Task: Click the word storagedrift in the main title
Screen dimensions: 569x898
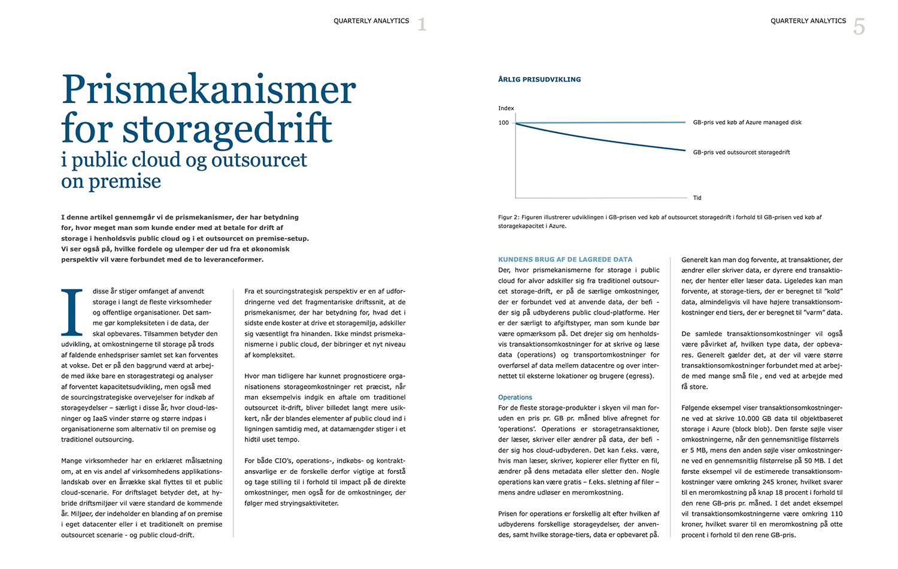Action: (227, 129)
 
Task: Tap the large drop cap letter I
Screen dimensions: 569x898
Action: (72, 313)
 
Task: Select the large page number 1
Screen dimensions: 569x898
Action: (422, 25)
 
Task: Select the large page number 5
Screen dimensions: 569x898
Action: (859, 27)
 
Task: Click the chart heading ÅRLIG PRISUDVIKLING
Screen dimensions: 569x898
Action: (539, 80)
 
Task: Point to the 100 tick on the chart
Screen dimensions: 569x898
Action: (503, 123)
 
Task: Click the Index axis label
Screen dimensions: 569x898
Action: (506, 108)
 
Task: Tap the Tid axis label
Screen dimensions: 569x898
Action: (697, 198)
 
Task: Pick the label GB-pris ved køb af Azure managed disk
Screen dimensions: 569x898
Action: (747, 122)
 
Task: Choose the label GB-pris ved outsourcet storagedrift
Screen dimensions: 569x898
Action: (741, 152)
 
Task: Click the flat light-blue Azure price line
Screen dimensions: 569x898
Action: (599, 122)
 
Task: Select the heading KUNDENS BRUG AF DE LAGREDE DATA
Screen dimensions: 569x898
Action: (565, 259)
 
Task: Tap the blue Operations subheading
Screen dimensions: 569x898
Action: (515, 397)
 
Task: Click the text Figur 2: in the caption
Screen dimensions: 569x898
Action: (509, 217)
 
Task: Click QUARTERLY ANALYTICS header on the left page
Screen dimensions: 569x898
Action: (371, 21)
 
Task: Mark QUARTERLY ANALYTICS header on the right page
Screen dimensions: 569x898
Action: (808, 21)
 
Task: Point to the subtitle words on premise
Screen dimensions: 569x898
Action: (111, 181)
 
